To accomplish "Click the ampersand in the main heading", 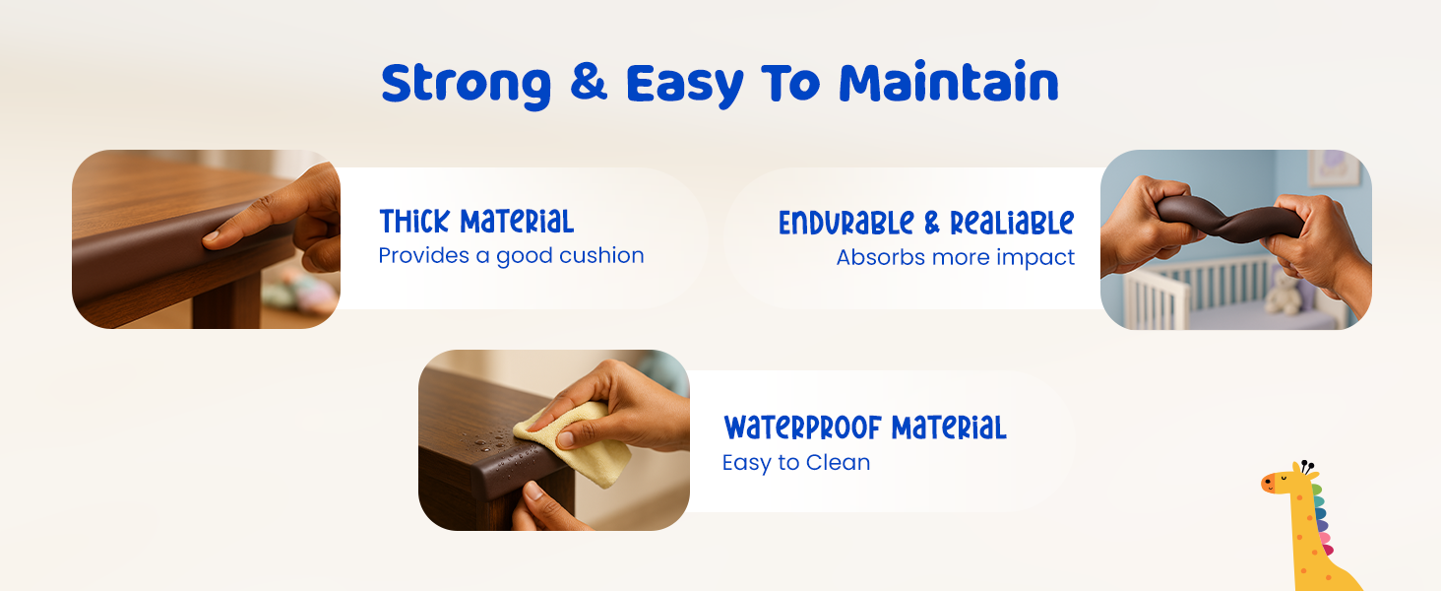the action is pyautogui.click(x=588, y=82).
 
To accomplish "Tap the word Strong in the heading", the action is pyautogui.click(x=466, y=85).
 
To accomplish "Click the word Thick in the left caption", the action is pyautogui.click(x=414, y=222).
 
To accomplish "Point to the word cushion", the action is pyautogui.click(x=601, y=255).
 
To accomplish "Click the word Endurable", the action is pyautogui.click(x=846, y=223).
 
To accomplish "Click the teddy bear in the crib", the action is pyautogui.click(x=1284, y=293).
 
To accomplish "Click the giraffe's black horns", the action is pyautogui.click(x=1306, y=467).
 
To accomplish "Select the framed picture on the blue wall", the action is pyautogui.click(x=1335, y=167).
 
